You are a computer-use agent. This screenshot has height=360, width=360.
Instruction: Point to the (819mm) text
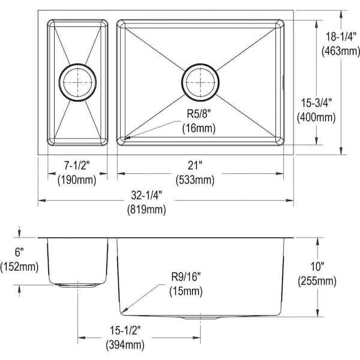146,210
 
